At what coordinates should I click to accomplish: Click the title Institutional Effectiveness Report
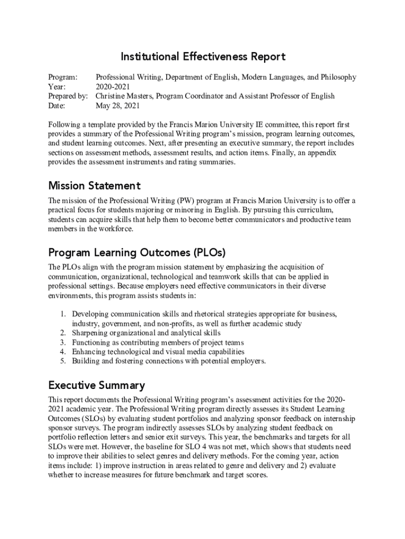pos(203,56)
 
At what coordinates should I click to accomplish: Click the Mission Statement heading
pos(94,185)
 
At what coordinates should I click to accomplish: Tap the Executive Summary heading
pos(96,385)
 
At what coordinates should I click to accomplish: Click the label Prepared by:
pos(68,96)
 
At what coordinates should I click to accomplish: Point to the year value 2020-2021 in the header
pos(112,86)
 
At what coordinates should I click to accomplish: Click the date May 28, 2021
pos(117,105)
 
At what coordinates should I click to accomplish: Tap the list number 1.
pos(62,314)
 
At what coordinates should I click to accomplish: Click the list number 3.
pos(62,342)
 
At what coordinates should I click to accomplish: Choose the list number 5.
pos(62,361)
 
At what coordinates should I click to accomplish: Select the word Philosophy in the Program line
pos(337,77)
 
